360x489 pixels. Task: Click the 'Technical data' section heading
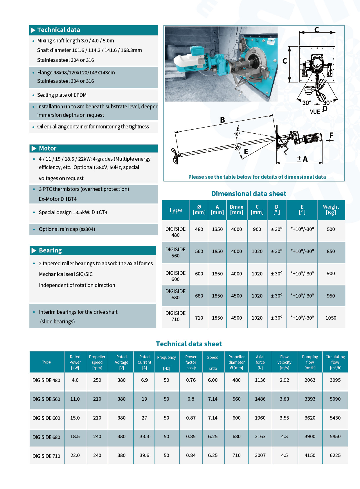tap(59, 30)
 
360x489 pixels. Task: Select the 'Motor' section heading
tap(48, 148)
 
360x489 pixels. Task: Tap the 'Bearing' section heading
tap(50, 250)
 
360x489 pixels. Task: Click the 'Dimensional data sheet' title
tap(249, 194)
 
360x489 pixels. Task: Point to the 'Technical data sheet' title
tap(189, 344)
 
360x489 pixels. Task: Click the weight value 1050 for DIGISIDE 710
tap(331, 318)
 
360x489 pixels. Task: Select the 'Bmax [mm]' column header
tap(236, 209)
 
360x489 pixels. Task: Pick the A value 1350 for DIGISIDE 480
tap(217, 229)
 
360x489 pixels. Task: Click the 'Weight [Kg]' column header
tap(331, 209)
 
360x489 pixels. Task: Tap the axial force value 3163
tap(260, 436)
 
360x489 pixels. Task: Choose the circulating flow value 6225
tap(335, 455)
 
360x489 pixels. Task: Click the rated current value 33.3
tap(144, 436)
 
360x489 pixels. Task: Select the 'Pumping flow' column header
tap(310, 362)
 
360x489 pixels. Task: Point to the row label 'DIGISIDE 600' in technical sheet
tap(46, 418)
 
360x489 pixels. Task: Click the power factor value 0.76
tap(191, 380)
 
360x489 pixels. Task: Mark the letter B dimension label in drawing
tap(222, 120)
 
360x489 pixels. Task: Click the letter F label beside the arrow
tap(331, 135)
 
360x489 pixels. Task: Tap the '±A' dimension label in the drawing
tap(302, 159)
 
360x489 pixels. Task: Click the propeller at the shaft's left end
tap(175, 156)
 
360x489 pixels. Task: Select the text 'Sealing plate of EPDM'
tap(62, 95)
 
